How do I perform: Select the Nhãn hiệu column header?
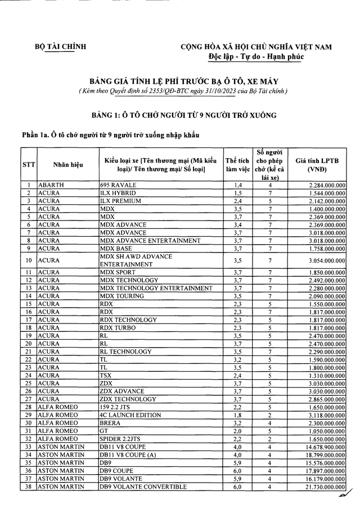tap(68, 165)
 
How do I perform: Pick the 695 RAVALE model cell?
tap(118, 185)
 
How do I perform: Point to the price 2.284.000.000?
tap(327, 185)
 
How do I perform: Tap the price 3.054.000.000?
tap(327, 260)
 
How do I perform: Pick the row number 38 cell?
tap(28, 487)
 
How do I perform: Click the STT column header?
tap(28, 165)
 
